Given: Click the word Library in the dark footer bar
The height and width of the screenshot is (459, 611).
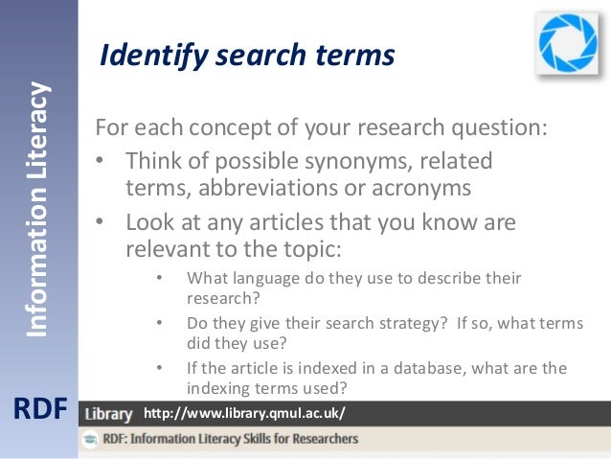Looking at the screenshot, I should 108,415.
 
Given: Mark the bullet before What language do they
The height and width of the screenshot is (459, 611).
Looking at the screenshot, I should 159,279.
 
